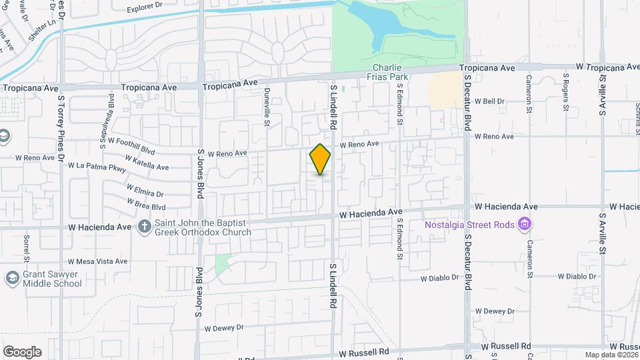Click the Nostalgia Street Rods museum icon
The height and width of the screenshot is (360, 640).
(525, 224)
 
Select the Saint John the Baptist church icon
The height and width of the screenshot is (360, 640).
(144, 227)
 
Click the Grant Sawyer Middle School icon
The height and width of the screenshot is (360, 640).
(12, 277)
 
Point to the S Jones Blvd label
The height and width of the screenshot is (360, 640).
(199, 173)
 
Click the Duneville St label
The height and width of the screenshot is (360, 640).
(267, 107)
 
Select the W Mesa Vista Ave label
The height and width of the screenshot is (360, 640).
(97, 261)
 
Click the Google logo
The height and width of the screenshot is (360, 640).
(22, 352)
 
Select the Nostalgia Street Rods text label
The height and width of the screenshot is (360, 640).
(471, 225)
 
